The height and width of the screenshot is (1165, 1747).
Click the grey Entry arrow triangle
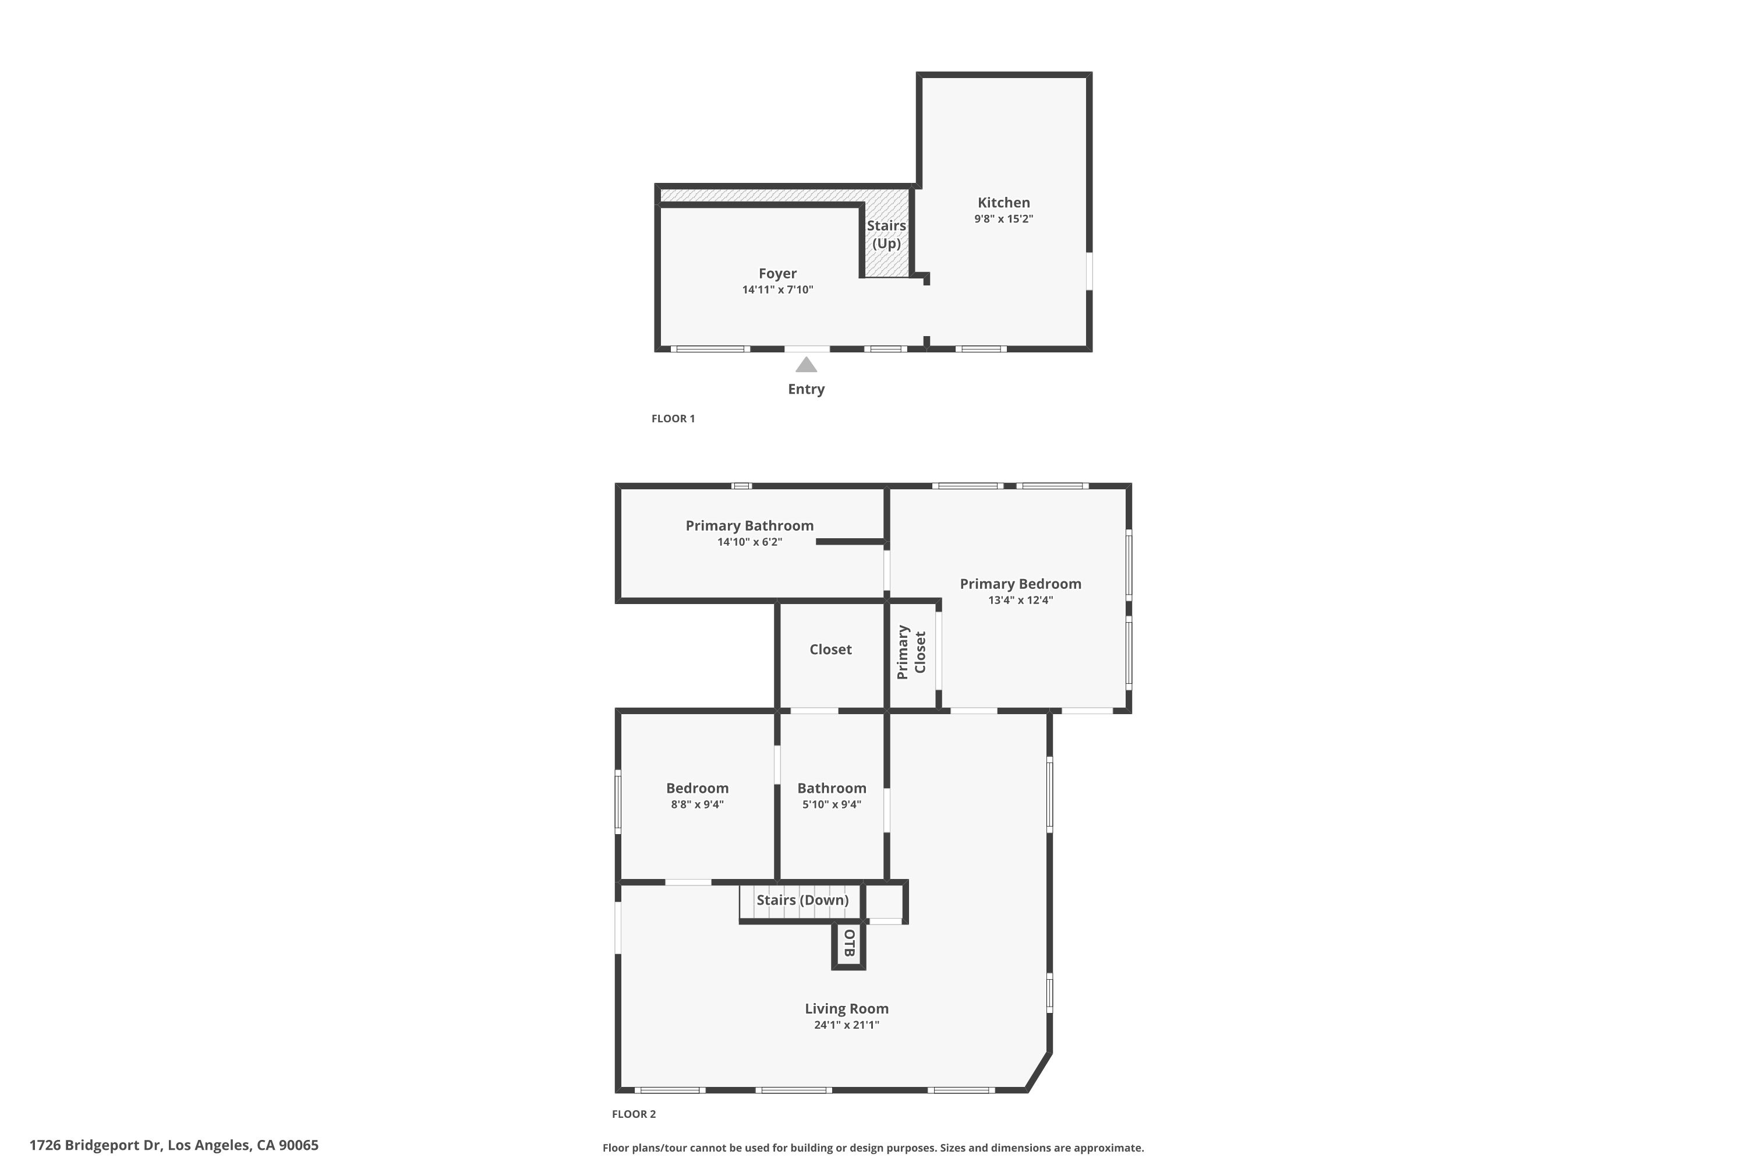click(x=806, y=365)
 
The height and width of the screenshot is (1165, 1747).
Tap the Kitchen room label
click(x=1003, y=202)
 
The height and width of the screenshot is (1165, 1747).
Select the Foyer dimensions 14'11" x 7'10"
click(x=777, y=290)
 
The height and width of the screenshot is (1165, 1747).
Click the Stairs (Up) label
click(x=886, y=234)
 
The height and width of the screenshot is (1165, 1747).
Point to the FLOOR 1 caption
click(x=673, y=418)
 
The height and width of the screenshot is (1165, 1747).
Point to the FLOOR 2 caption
click(x=634, y=1114)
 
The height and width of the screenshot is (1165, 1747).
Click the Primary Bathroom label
click(x=749, y=525)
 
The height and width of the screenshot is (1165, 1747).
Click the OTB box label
click(x=850, y=943)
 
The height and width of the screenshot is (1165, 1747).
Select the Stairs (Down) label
click(x=802, y=900)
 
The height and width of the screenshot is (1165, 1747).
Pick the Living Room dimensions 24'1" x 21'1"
click(x=846, y=1025)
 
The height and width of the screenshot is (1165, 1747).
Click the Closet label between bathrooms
click(x=830, y=649)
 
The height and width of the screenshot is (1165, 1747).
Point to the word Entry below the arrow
click(x=806, y=389)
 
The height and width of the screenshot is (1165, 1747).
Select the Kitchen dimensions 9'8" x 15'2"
click(x=1003, y=219)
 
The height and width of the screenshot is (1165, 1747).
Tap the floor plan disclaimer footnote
click(x=873, y=1148)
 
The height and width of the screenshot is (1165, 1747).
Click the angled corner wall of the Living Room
click(x=1038, y=1071)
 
